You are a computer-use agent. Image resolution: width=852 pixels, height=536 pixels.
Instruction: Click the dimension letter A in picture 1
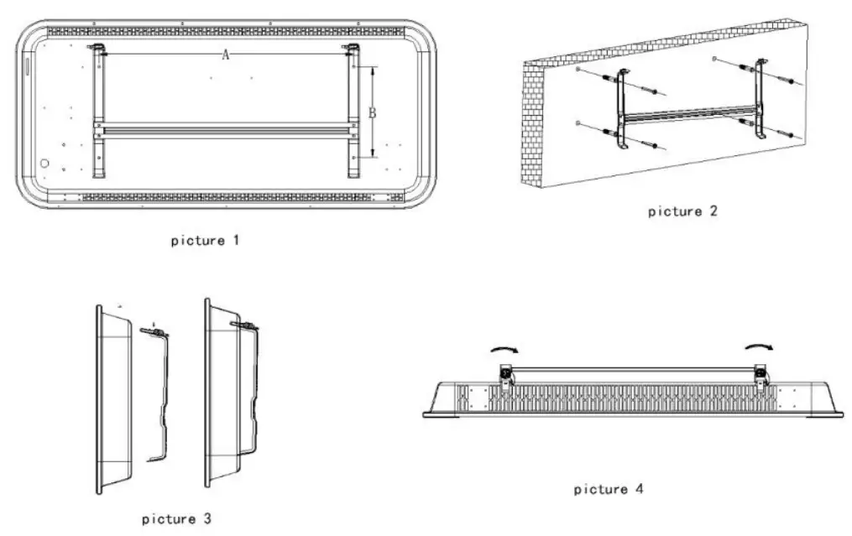pos(225,55)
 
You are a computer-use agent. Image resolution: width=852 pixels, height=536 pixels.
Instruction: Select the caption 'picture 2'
pos(682,211)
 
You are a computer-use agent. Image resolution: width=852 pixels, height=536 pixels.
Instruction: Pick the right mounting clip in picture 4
pos(761,375)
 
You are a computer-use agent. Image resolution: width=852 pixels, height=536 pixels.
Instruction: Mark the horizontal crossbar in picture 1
pos(225,129)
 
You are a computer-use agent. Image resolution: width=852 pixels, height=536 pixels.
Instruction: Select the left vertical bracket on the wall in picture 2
pos(622,109)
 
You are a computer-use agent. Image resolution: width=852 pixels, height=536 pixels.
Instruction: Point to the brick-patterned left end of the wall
pos(533,126)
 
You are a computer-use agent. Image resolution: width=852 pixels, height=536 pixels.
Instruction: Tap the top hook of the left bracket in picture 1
pos(98,49)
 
